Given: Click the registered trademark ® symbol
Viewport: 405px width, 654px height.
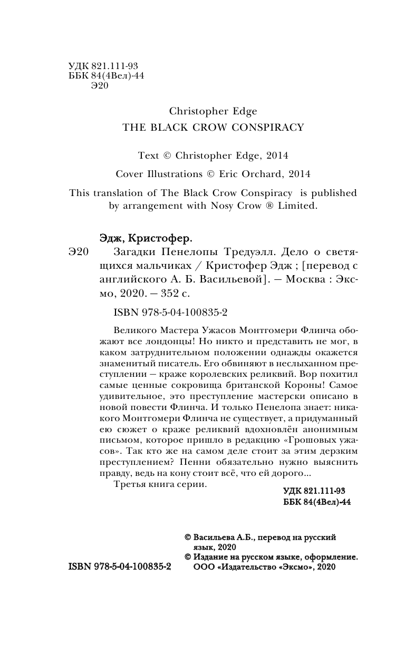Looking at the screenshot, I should click(271, 206).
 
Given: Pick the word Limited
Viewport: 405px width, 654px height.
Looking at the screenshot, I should click(297, 206).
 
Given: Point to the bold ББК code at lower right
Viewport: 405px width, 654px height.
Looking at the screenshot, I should click(317, 502).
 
